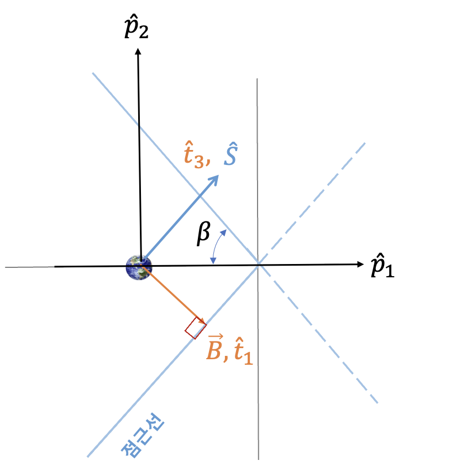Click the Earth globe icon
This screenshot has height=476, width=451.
click(x=139, y=267)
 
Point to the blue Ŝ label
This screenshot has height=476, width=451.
click(x=231, y=157)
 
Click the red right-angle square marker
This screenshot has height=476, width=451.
click(x=196, y=328)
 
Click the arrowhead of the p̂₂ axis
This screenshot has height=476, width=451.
click(x=138, y=51)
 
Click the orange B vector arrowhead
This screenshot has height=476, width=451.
click(x=203, y=323)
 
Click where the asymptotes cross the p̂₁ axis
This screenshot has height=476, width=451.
click(x=258, y=265)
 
